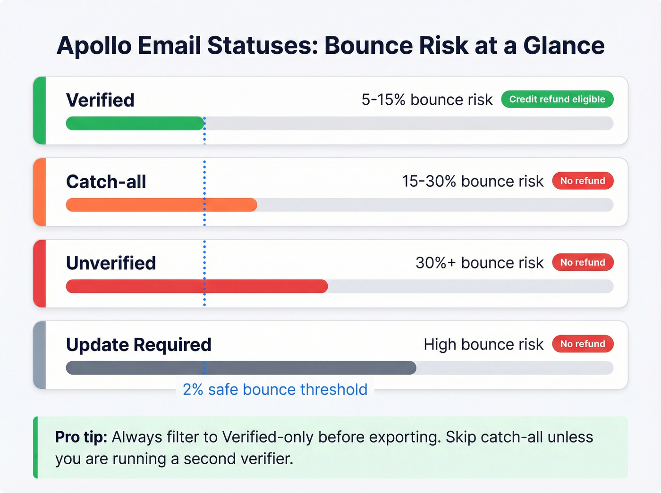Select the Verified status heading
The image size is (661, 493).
[x=100, y=100]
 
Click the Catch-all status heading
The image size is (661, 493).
[x=106, y=182]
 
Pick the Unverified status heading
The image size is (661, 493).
[x=111, y=263]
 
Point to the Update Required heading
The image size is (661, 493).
[x=138, y=345]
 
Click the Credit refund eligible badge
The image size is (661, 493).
[x=557, y=99]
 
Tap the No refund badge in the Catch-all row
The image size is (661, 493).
[x=583, y=181]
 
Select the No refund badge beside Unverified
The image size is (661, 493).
[x=583, y=262]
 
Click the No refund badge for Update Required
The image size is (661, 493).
[x=583, y=344]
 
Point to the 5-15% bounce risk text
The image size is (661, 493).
[x=427, y=100]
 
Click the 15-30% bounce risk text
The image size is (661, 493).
[x=472, y=182]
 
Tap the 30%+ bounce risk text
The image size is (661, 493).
[x=479, y=263]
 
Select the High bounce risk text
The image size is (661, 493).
[x=483, y=345]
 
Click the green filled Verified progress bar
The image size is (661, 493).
[x=135, y=124]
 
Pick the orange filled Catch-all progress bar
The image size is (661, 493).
[x=161, y=205]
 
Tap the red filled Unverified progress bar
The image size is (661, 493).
[x=196, y=286]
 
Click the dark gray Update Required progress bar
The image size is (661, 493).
[x=241, y=368]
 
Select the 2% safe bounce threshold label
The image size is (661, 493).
[x=275, y=390]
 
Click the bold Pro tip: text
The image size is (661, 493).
[x=81, y=437]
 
